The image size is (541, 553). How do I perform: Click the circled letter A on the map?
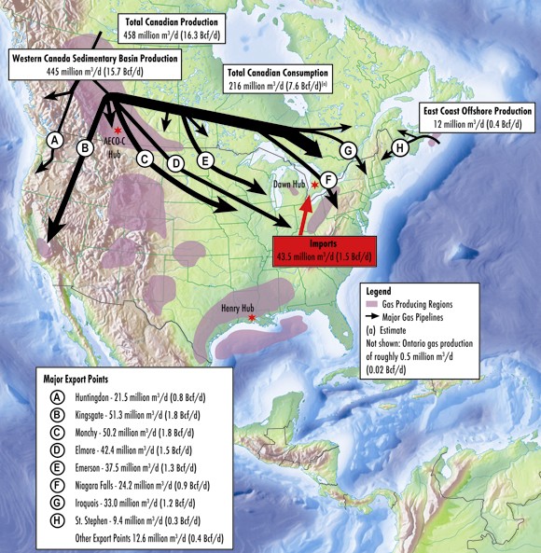click(x=55, y=140)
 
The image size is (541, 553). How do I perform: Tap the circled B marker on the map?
click(x=84, y=146)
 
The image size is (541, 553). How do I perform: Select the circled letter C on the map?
click(x=145, y=159)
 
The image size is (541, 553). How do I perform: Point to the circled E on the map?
click(x=206, y=160)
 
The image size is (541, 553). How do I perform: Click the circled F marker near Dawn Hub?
click(x=327, y=179)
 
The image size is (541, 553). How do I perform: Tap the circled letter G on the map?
click(x=347, y=150)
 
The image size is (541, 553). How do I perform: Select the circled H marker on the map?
click(x=399, y=146)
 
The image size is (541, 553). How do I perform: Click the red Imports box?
click(x=326, y=250)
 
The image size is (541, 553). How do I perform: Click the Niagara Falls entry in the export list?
click(x=132, y=485)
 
